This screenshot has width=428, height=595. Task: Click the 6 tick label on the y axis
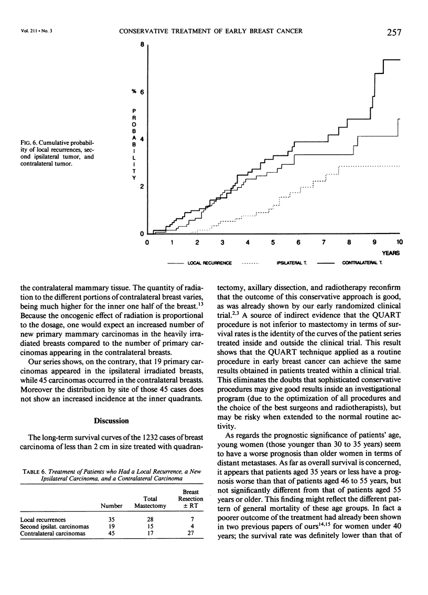tap(141, 92)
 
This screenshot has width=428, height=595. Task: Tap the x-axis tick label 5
tap(273, 243)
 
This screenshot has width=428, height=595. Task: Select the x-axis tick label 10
tap(400, 243)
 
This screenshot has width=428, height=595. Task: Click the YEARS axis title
tap(391, 253)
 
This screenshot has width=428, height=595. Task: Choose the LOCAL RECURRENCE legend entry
tap(210, 262)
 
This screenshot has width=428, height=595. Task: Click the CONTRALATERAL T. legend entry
tap(362, 262)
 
